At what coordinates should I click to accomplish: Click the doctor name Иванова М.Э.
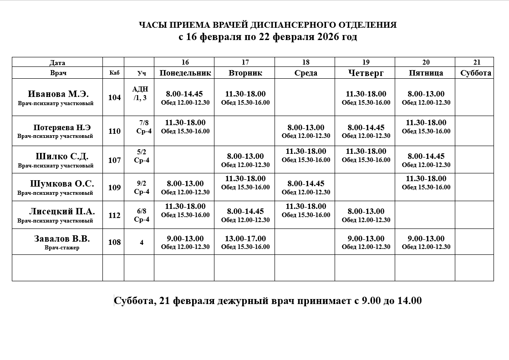(58, 94)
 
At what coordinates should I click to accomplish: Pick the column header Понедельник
(185, 73)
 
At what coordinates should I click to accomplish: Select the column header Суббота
(476, 73)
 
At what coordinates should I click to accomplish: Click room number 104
(114, 97)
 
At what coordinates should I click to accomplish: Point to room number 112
(114, 215)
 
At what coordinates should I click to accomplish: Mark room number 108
(114, 242)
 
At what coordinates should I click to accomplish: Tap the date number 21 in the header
(477, 62)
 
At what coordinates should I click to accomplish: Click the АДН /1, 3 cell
(140, 93)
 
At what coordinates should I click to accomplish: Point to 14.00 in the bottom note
(409, 301)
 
